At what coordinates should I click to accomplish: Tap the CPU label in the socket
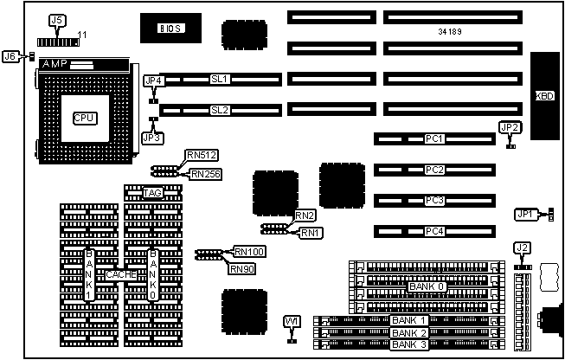[85, 118]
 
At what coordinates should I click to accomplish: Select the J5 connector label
[57, 19]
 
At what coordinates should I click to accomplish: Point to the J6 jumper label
[10, 56]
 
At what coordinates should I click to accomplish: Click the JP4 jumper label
[152, 81]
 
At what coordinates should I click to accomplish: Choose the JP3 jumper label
[152, 137]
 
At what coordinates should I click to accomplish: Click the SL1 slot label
[219, 80]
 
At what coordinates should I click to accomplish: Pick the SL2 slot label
[219, 110]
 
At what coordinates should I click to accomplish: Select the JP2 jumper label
[510, 128]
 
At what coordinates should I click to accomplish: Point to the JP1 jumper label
[524, 213]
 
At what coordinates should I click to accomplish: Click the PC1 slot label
[434, 138]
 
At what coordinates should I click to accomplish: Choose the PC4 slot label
[434, 232]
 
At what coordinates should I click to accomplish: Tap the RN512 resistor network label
[201, 156]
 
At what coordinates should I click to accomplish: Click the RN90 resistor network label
[241, 268]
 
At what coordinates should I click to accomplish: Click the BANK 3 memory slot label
[409, 344]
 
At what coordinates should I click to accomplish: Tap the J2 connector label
[521, 248]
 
